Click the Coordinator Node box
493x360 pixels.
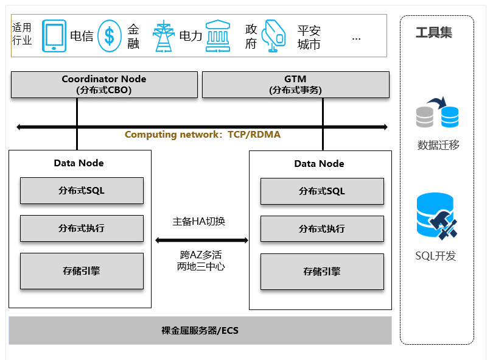[x=104, y=85]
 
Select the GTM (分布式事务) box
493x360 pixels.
[x=296, y=85]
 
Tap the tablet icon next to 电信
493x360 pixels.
[x=54, y=36]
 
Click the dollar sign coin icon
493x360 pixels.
[x=110, y=36]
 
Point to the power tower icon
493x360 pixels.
[x=164, y=36]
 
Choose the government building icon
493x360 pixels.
[x=218, y=36]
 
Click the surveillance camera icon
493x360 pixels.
[x=273, y=36]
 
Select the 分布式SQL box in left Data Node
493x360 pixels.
[x=82, y=191]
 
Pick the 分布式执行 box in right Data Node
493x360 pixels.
[x=322, y=229]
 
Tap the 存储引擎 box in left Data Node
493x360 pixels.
[x=82, y=271]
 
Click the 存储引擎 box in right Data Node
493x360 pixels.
[x=322, y=272]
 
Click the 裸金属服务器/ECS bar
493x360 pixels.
[x=200, y=330]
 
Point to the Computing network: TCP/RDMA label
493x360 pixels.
[x=203, y=135]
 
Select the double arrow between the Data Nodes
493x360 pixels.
[x=201, y=241]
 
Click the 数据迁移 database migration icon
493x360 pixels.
[x=438, y=112]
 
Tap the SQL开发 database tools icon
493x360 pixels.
[x=437, y=216]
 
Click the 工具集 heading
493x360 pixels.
[x=434, y=32]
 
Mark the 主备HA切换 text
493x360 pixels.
[x=198, y=222]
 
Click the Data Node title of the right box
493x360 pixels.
[x=319, y=164]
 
